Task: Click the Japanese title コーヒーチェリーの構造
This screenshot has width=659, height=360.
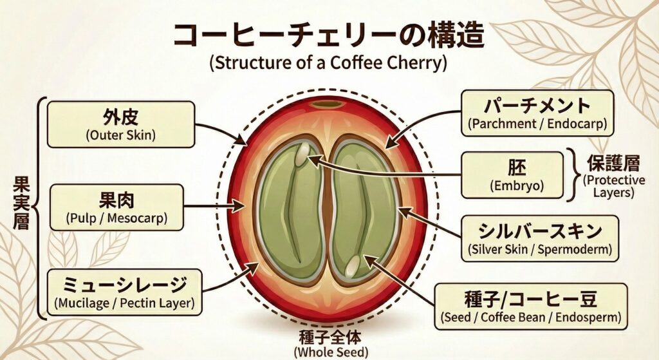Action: pyautogui.click(x=329, y=35)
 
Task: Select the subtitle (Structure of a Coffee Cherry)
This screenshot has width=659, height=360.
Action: pyautogui.click(x=329, y=64)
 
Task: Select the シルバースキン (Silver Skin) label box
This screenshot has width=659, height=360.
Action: pyautogui.click(x=539, y=239)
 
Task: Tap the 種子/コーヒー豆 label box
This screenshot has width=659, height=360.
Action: pyautogui.click(x=531, y=306)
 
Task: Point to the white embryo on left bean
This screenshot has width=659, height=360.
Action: pyautogui.click(x=303, y=153)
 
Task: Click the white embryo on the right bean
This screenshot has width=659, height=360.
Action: pyautogui.click(x=353, y=264)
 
